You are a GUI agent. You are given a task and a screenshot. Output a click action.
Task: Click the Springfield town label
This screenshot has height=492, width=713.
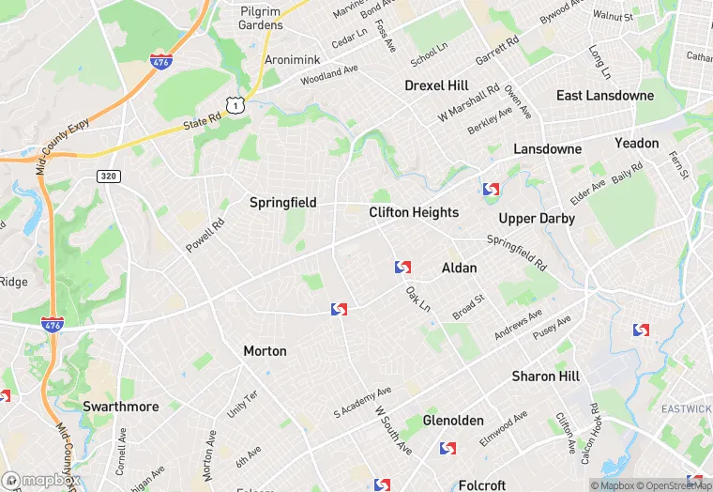pos(282,203)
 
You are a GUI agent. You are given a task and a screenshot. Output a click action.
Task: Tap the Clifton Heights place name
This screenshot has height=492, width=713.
pos(414,212)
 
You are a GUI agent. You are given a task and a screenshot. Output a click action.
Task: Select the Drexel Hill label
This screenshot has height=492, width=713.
pos(436,85)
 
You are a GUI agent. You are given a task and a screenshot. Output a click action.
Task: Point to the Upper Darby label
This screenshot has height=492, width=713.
pos(537,219)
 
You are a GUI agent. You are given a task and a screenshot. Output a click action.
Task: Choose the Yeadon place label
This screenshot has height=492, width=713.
pos(637,143)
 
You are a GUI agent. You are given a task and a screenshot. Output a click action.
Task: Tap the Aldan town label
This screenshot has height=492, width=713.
pos(459,269)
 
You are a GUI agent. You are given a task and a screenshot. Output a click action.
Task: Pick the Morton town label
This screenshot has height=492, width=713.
pos(265,351)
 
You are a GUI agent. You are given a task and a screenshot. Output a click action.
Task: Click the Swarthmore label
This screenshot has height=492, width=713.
pos(120,407)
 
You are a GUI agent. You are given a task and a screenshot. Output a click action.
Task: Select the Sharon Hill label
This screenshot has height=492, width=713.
pos(545,377)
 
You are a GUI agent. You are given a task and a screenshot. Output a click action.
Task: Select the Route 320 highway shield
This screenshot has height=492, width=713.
pos(108,176)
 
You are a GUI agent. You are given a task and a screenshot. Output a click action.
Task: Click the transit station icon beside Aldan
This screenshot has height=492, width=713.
pos(402,268)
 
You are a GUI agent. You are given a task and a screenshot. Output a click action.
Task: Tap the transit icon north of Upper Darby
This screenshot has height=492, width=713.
pos(490,190)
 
